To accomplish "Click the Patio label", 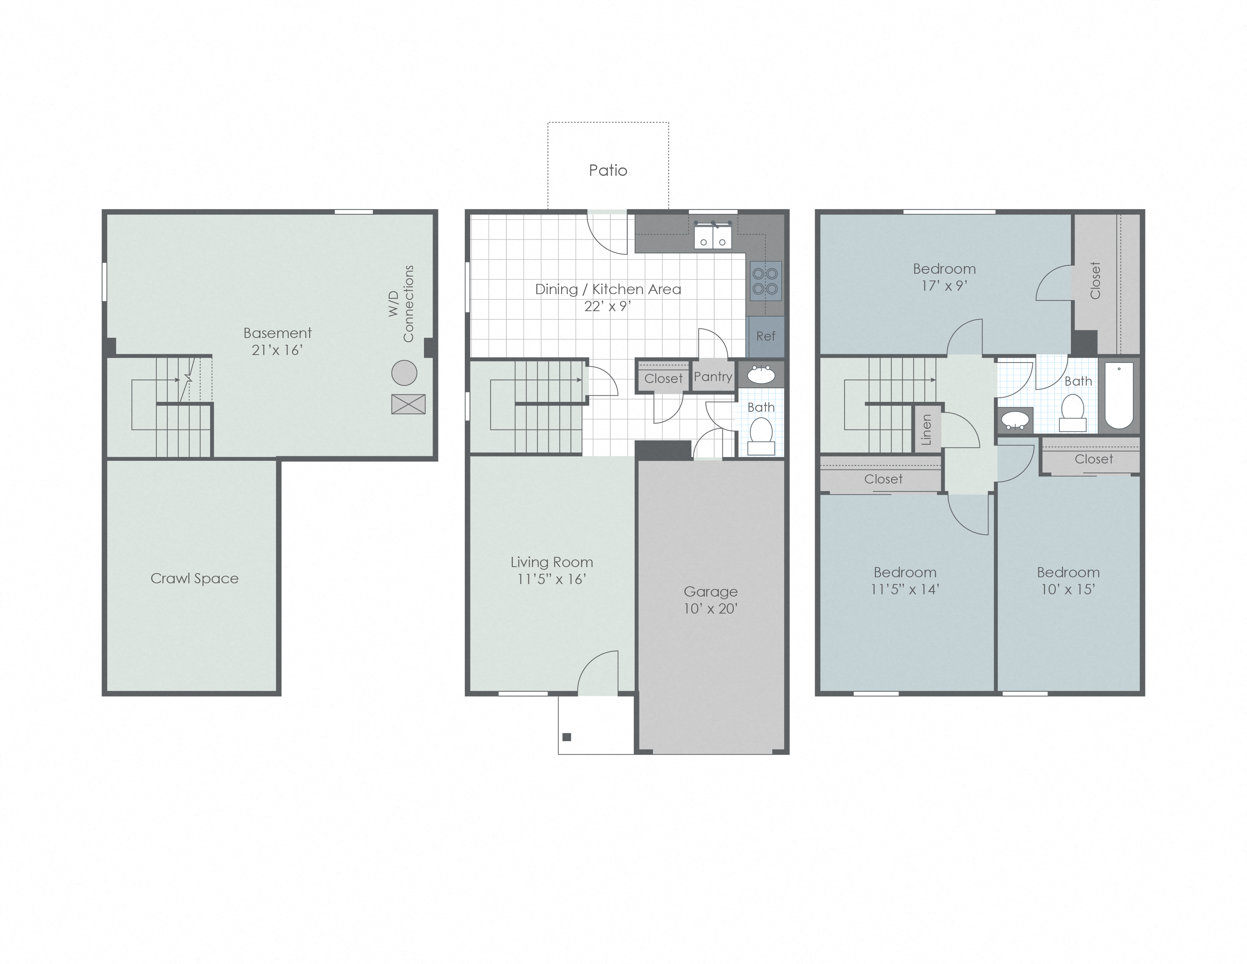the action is pyautogui.click(x=608, y=170).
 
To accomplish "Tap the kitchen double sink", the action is pyautogui.click(x=713, y=236).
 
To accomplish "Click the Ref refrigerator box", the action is pyautogui.click(x=765, y=336).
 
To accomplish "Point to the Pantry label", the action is pyautogui.click(x=713, y=377).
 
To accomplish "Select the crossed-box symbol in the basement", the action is pyautogui.click(x=408, y=405).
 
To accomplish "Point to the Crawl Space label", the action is pyautogui.click(x=195, y=578).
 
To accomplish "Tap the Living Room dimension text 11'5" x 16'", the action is pyautogui.click(x=552, y=579).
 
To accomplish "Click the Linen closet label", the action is pyautogui.click(x=926, y=429).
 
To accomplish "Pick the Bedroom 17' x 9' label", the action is pyautogui.click(x=944, y=277).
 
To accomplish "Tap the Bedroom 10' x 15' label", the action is pyautogui.click(x=1068, y=581).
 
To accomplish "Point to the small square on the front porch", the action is pyautogui.click(x=567, y=737).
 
